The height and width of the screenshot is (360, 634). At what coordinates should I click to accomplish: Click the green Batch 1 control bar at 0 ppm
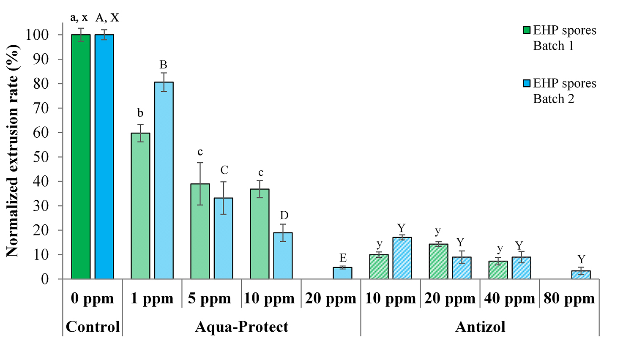click(81, 156)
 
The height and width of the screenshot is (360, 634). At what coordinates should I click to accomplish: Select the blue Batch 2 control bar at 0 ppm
click(104, 156)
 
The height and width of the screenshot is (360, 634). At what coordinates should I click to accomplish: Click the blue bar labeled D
click(283, 256)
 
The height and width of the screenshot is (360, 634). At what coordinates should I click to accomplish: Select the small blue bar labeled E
click(342, 273)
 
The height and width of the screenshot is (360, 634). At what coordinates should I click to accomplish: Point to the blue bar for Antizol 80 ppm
click(581, 275)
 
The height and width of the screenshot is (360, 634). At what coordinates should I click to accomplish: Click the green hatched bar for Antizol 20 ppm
click(438, 262)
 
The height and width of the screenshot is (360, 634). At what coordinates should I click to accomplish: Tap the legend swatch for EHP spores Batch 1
click(527, 30)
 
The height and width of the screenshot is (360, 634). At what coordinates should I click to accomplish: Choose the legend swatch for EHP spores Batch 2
click(527, 83)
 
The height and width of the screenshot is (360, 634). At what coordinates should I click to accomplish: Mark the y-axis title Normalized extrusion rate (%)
click(12, 151)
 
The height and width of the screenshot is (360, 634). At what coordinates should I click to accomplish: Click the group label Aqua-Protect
click(241, 327)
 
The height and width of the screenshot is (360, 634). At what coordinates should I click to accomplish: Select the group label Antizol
click(480, 327)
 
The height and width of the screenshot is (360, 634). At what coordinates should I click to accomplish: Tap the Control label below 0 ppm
click(93, 327)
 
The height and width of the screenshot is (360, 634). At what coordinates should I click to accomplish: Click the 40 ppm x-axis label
click(510, 298)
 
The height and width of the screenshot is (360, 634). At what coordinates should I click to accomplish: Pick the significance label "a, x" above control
click(79, 17)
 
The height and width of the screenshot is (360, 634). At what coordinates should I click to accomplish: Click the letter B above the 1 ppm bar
click(163, 65)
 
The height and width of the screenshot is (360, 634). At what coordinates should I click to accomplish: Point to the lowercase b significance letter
click(140, 113)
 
